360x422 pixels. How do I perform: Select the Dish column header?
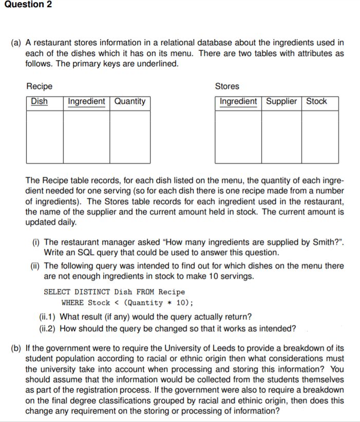coord(39,101)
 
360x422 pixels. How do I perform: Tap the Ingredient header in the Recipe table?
coord(86,101)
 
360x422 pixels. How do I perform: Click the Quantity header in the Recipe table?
coord(129,101)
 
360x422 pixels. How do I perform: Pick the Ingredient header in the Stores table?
coord(238,101)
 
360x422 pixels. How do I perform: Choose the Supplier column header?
coord(281,101)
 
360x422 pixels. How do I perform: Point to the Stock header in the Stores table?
coord(316,101)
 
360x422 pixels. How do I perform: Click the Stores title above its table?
coord(227,86)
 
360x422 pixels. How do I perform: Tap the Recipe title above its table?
coord(39,86)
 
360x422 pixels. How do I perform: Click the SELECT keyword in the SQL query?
coord(57,292)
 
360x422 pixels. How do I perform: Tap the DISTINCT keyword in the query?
coord(92,292)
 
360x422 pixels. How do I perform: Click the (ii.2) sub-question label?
coord(48,328)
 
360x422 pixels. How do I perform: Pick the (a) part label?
coord(17,43)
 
